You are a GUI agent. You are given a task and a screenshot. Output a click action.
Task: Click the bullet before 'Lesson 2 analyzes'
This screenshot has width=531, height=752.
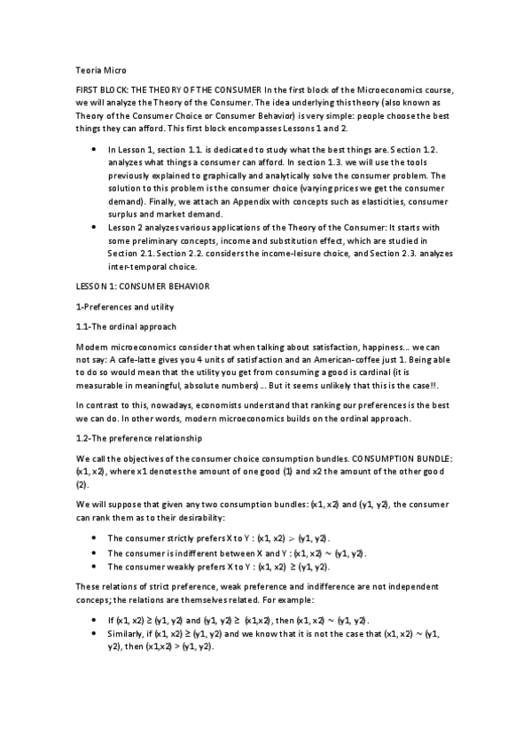pos(95,228)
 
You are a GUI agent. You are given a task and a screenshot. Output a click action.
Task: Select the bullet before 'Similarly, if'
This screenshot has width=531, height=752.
pos(95,635)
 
